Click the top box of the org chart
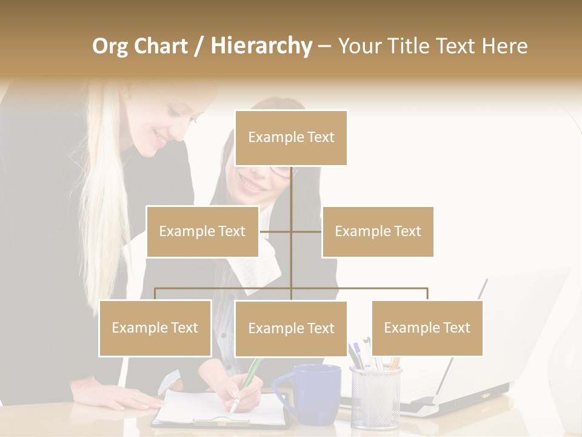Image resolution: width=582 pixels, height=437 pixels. pyautogui.click(x=291, y=138)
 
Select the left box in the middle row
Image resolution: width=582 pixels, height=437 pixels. pyautogui.click(x=202, y=231)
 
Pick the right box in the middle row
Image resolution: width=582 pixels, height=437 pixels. pyautogui.click(x=378, y=231)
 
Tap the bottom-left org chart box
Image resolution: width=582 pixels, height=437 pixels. pyautogui.click(x=155, y=328)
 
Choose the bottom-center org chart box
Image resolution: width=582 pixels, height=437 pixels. pyautogui.click(x=291, y=328)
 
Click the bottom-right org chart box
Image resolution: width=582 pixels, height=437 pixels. pyautogui.click(x=427, y=328)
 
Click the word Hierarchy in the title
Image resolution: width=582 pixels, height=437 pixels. pyautogui.click(x=261, y=46)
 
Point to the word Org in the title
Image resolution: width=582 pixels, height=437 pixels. pyautogui.click(x=110, y=46)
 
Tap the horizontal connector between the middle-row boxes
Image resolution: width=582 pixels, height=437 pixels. pyautogui.click(x=290, y=231)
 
